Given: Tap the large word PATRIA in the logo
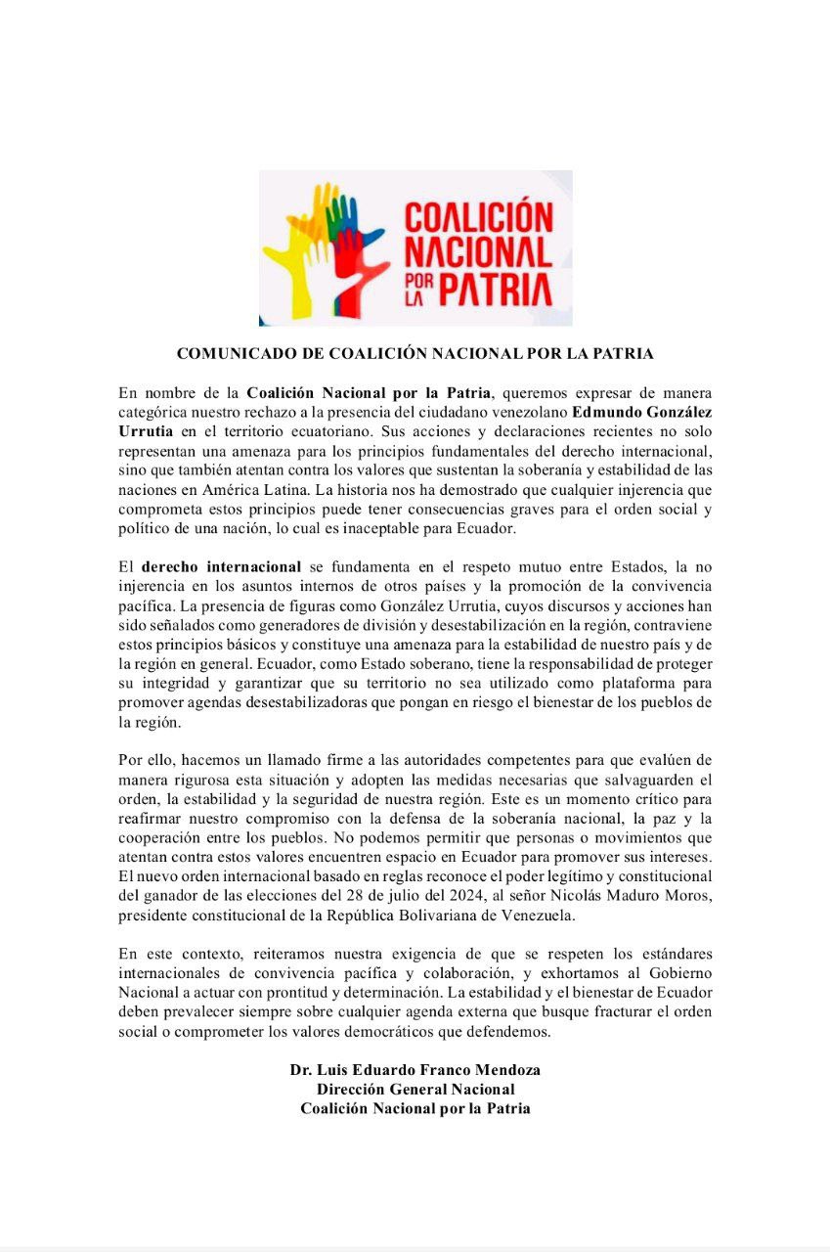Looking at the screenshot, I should click(494, 290).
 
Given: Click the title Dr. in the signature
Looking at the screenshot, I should click(301, 1069).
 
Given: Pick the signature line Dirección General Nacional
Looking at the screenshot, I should click(415, 1089).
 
